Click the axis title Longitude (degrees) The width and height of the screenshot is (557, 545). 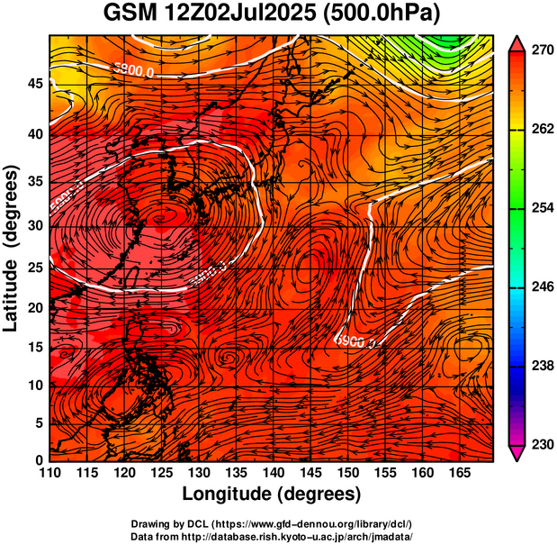[272, 494]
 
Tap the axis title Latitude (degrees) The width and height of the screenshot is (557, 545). [13, 249]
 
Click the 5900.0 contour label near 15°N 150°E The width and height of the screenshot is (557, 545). [355, 341]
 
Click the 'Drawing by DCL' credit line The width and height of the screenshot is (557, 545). [272, 524]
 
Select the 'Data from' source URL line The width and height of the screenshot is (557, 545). [272, 536]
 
